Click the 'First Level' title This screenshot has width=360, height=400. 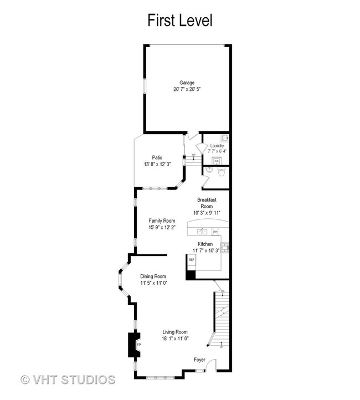[179, 20]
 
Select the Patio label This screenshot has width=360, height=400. [157, 157]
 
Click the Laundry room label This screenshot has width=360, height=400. [217, 146]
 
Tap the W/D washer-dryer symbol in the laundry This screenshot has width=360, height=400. [217, 161]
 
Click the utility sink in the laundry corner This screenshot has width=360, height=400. [225, 137]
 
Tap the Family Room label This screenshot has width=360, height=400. [161, 220]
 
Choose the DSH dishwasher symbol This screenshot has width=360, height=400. [215, 232]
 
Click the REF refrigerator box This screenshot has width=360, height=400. [192, 259]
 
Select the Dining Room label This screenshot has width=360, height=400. [153, 276]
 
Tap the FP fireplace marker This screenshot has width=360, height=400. [138, 345]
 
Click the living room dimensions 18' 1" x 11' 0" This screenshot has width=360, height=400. [176, 338]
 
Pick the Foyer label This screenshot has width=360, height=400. [199, 360]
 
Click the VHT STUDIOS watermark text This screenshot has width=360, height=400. [68, 380]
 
